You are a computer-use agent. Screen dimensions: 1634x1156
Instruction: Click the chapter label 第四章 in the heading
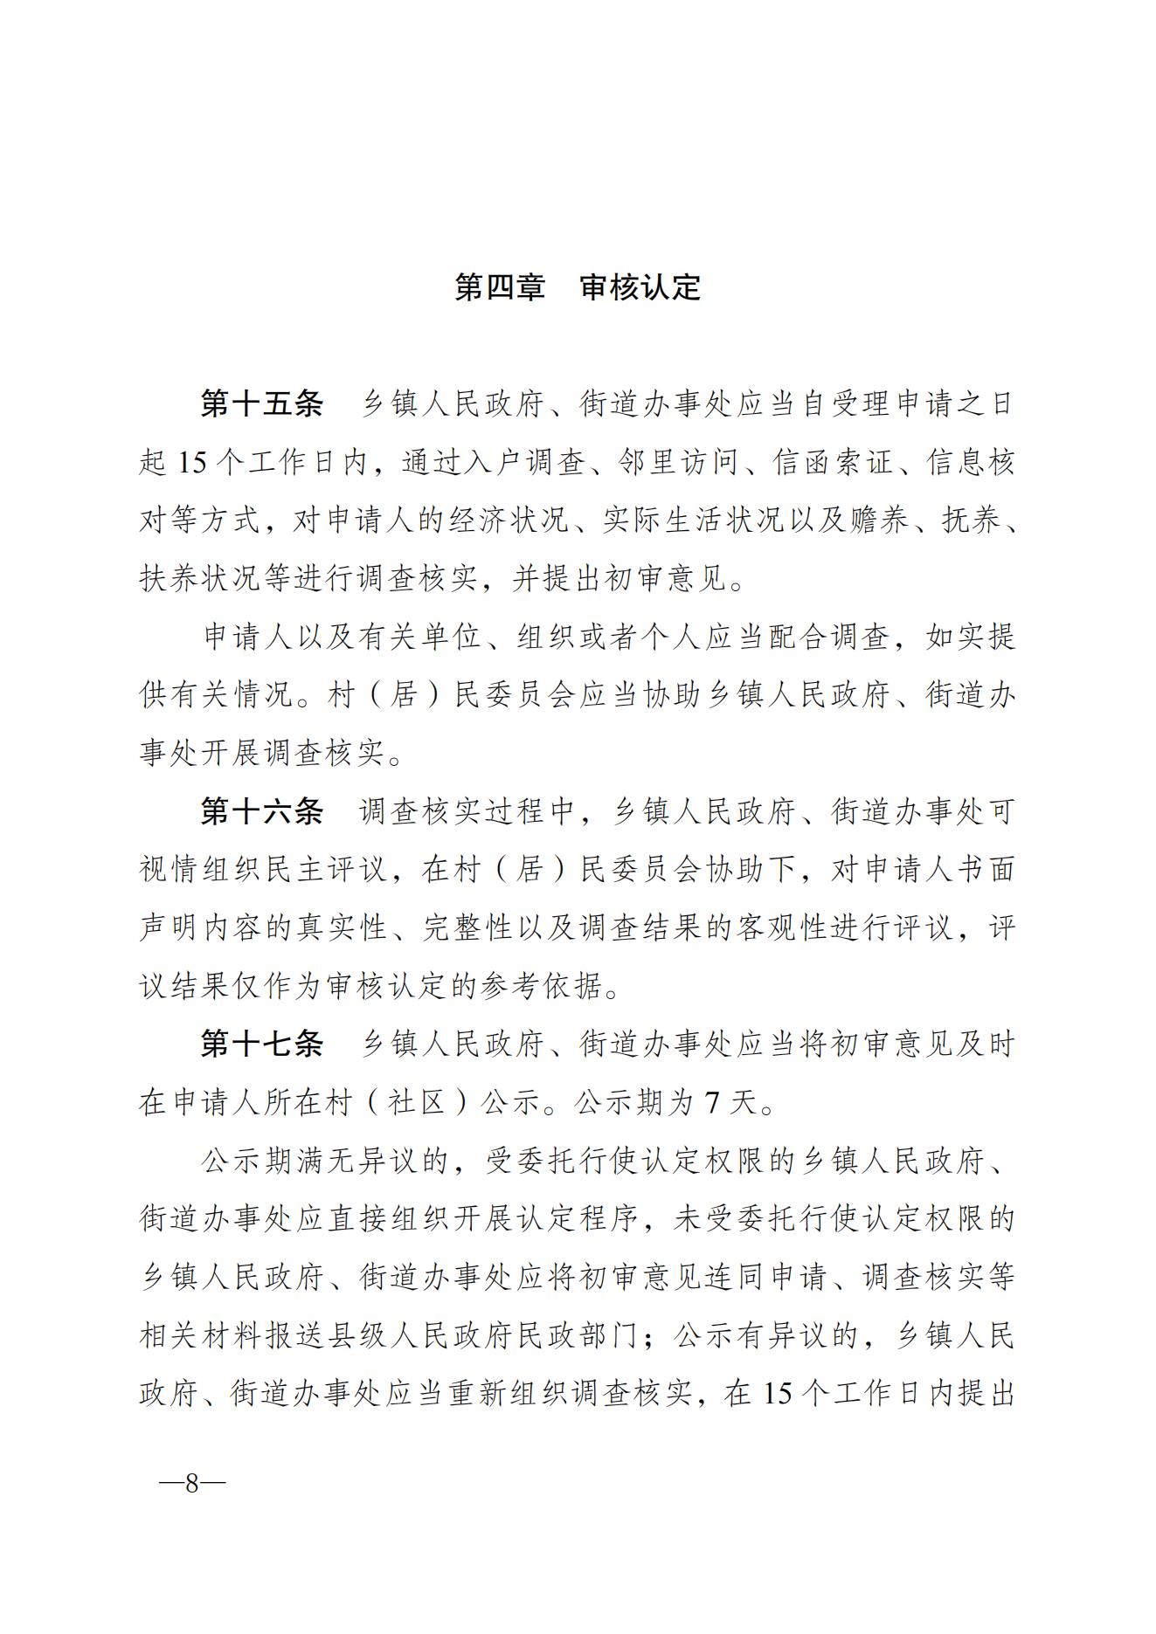pyautogui.click(x=500, y=286)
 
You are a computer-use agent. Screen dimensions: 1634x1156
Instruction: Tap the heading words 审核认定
pyautogui.click(x=640, y=286)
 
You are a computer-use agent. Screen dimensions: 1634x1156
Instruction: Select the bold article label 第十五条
pyautogui.click(x=261, y=403)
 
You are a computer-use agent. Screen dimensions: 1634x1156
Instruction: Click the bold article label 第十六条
pyautogui.click(x=261, y=811)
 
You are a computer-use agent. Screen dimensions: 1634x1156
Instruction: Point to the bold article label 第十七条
pyautogui.click(x=261, y=1044)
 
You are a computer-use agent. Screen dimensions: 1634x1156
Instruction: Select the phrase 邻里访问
pyautogui.click(x=678, y=463)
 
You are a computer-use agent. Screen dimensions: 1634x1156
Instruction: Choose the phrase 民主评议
pyautogui.click(x=325, y=870)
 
